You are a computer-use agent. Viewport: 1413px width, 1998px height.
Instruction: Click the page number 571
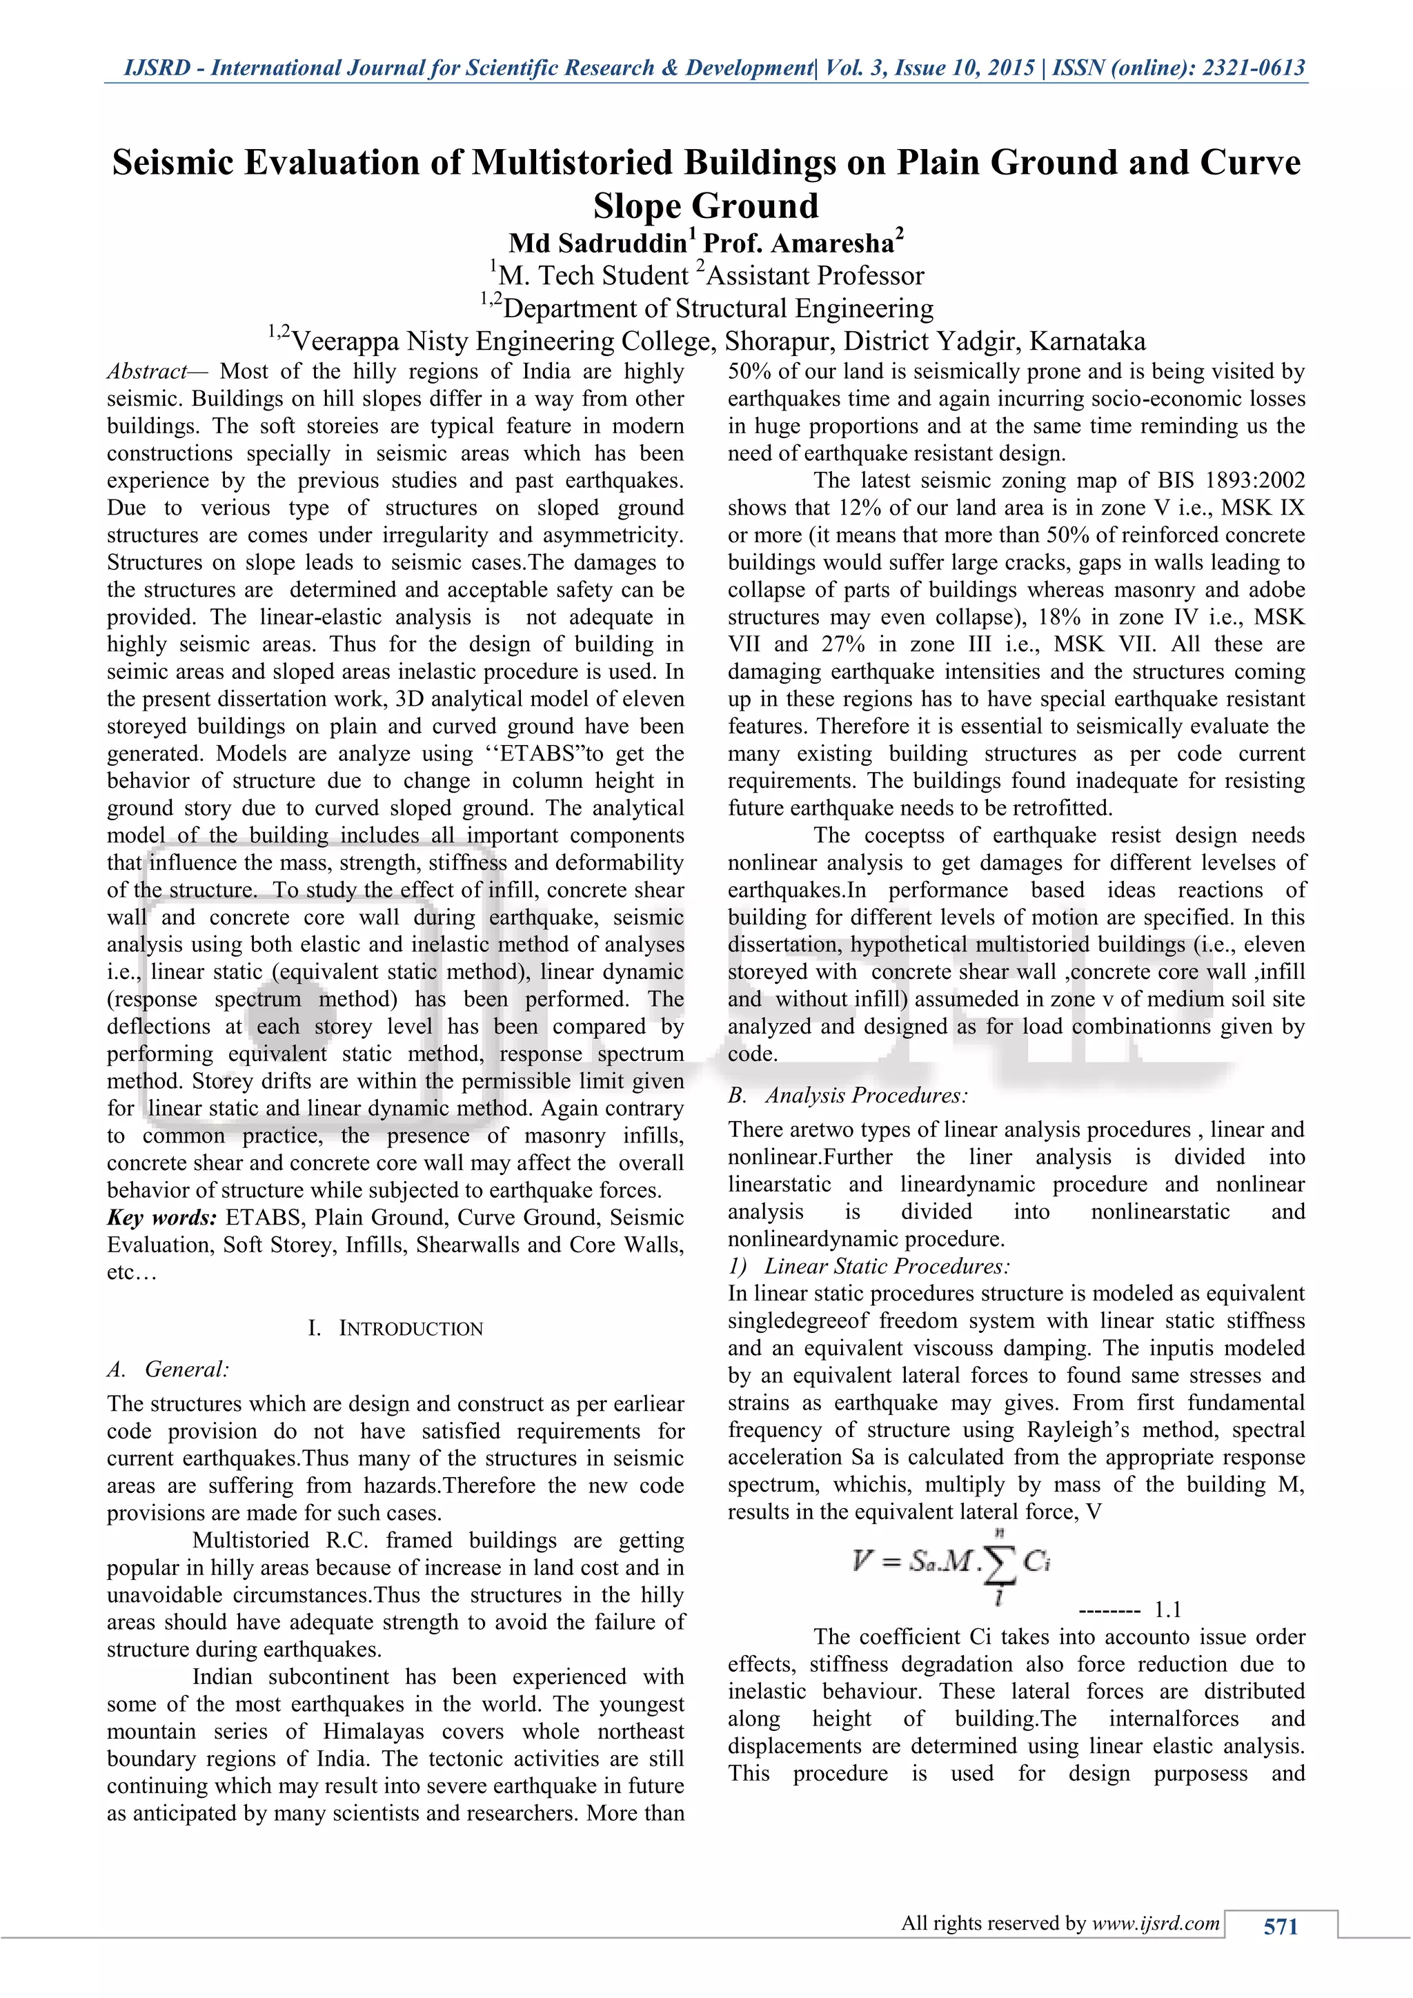click(x=1280, y=1928)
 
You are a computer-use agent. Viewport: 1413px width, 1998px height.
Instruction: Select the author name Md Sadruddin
click(x=597, y=243)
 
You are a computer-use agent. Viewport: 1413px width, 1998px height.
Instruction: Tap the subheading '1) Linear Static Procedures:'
click(x=869, y=1266)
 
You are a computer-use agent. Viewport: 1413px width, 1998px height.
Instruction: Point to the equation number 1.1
click(x=1167, y=1609)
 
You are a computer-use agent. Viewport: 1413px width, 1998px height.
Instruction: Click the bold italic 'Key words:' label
click(x=162, y=1218)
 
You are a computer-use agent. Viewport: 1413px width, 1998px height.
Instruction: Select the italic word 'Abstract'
click(x=146, y=372)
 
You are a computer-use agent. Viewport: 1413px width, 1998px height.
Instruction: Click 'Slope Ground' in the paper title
click(x=706, y=206)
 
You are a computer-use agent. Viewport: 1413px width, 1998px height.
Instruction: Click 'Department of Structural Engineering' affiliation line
click(x=718, y=309)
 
